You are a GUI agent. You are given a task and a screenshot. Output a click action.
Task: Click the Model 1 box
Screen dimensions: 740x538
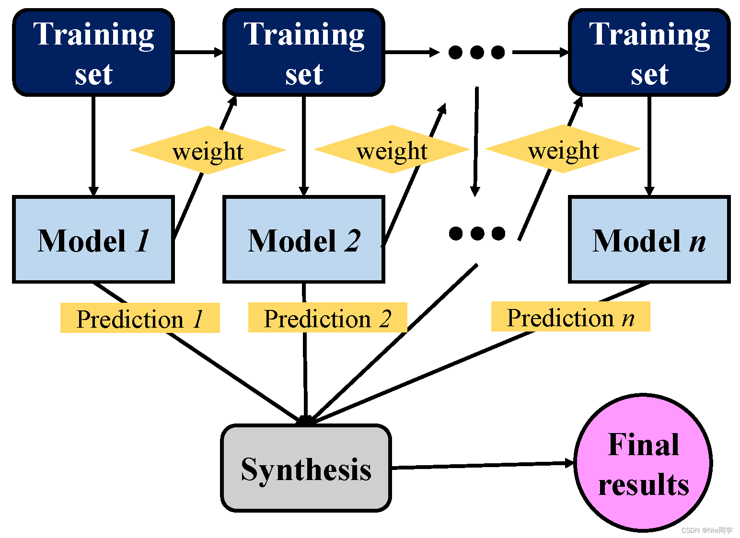click(93, 240)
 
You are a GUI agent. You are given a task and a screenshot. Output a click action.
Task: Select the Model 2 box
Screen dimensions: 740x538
click(304, 240)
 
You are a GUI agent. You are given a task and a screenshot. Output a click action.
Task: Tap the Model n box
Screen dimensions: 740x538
click(649, 240)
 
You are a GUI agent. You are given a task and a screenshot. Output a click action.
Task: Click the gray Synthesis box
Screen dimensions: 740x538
click(306, 469)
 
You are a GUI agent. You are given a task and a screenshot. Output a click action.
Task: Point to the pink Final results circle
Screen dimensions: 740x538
click(643, 463)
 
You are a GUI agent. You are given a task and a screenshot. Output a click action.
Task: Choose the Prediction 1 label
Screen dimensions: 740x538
click(140, 318)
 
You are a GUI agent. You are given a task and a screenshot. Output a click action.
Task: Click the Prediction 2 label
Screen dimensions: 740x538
click(328, 317)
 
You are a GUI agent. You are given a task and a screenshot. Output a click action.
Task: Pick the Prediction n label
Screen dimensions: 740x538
click(570, 316)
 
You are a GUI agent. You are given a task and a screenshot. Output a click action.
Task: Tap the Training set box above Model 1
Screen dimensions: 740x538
click(93, 53)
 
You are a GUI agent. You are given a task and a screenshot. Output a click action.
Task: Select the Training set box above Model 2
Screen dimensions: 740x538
click(304, 53)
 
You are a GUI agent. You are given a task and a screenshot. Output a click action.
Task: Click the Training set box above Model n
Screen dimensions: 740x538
click(649, 53)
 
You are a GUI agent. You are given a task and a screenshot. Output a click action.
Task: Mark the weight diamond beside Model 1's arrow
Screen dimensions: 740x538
click(208, 150)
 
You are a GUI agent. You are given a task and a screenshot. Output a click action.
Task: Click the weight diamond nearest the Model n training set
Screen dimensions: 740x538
click(563, 149)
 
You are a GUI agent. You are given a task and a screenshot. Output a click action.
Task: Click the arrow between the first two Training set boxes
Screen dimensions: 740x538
click(199, 52)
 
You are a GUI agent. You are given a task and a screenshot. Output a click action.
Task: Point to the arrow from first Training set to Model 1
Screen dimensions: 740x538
click(93, 146)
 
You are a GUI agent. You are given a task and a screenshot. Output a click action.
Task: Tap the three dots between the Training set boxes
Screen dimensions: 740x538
click(477, 53)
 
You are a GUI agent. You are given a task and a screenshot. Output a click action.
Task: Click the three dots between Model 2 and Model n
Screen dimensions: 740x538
click(477, 233)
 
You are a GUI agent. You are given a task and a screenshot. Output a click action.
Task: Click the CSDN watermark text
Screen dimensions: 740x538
click(706, 530)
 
